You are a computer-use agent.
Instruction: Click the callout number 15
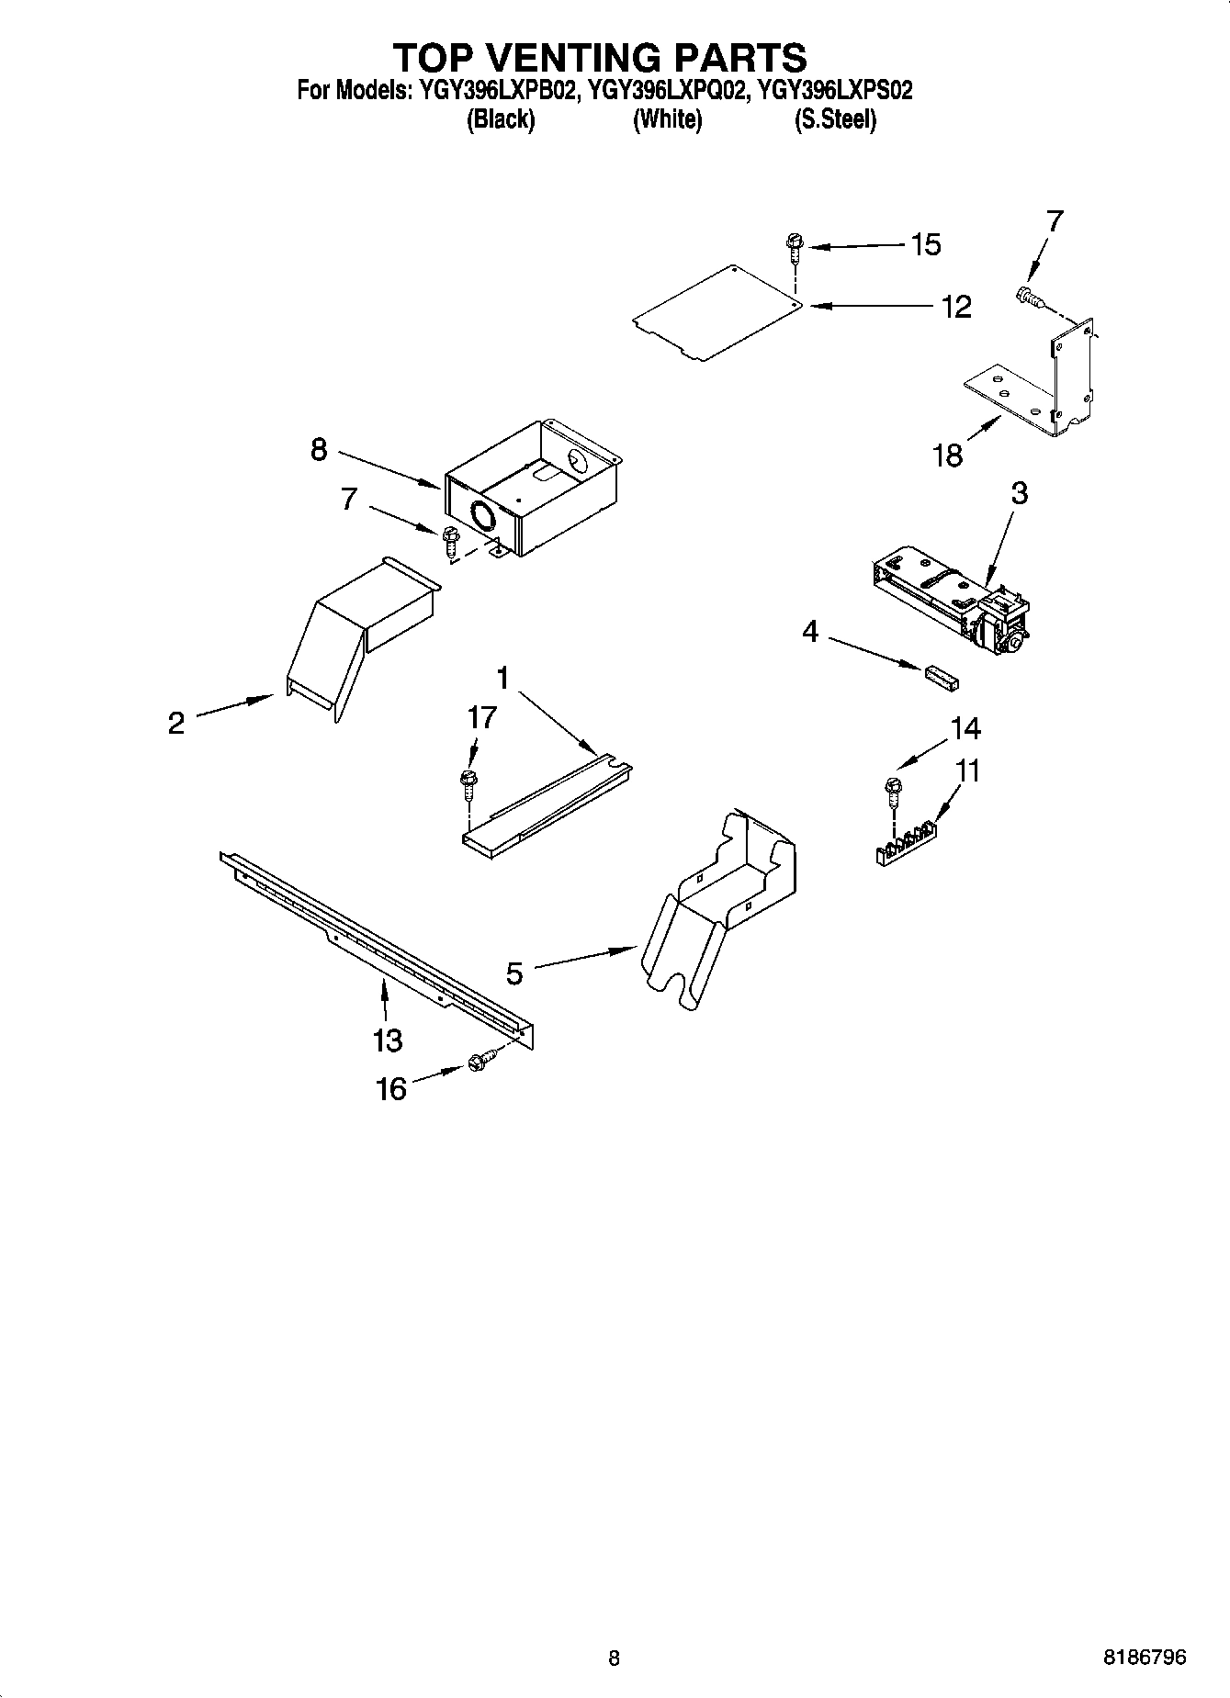(926, 244)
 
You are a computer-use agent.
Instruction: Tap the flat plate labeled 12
(717, 314)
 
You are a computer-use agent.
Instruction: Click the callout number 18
(948, 455)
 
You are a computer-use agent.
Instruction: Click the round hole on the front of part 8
(481, 517)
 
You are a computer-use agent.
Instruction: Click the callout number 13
(388, 1040)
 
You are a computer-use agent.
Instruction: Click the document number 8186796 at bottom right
(1145, 1658)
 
